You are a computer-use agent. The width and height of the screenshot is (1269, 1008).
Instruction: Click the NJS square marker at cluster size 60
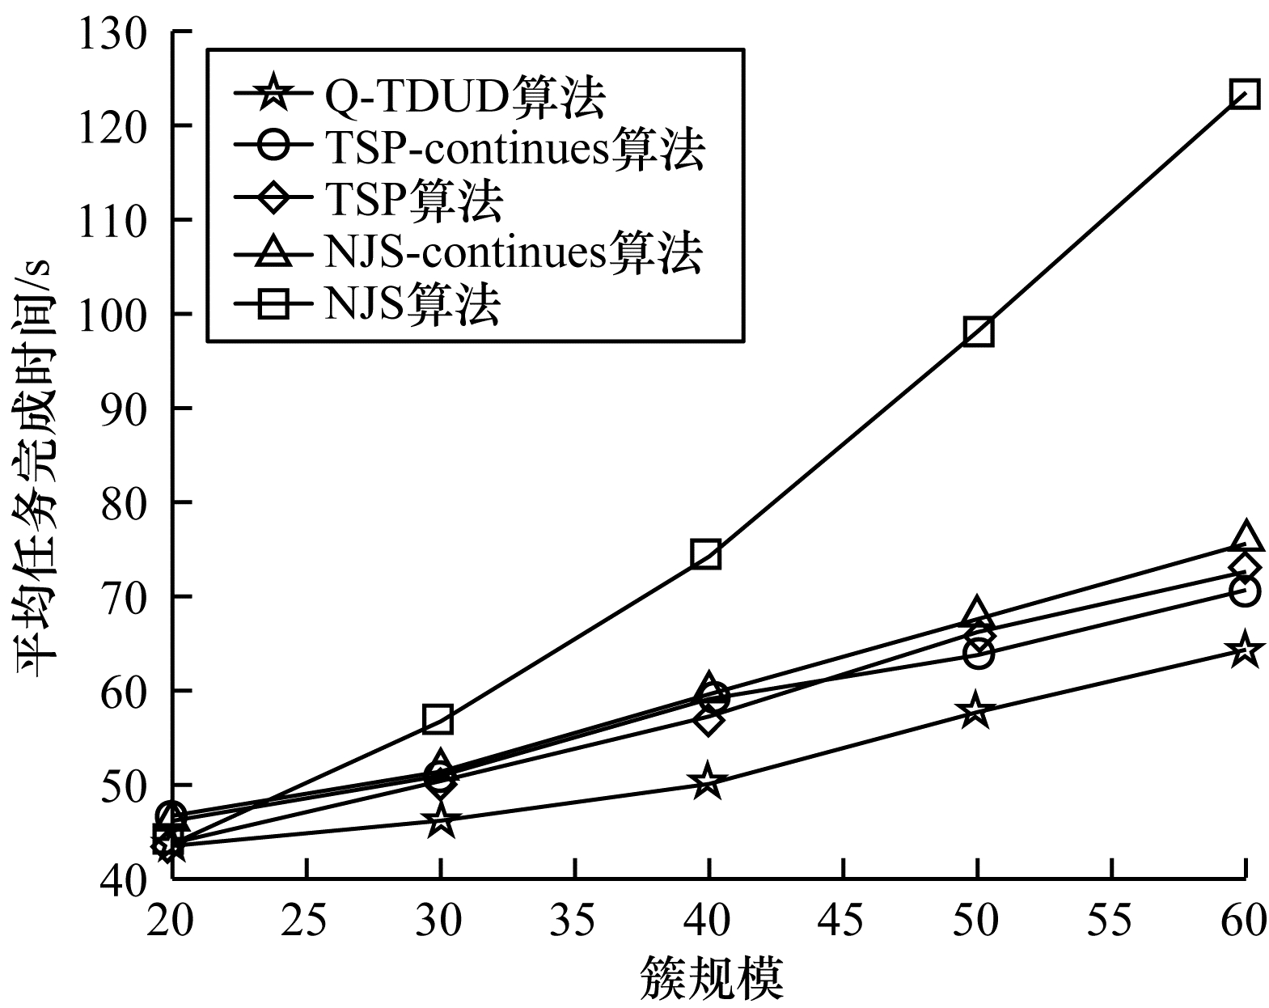point(1244,95)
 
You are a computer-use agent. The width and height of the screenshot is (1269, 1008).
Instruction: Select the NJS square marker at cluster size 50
point(978,332)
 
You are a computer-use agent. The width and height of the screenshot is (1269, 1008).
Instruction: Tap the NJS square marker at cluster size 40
point(705,555)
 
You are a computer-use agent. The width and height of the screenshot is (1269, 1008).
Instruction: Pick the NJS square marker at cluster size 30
point(438,718)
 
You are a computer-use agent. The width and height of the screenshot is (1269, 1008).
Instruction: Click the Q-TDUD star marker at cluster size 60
point(1244,650)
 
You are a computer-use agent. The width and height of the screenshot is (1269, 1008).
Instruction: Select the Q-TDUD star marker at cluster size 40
point(707,781)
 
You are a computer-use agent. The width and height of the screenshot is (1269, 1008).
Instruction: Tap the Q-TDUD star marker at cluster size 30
point(440,821)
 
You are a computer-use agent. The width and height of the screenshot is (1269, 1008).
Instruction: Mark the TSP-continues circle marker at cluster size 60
point(1244,591)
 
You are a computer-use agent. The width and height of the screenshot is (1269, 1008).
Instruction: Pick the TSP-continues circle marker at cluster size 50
point(978,653)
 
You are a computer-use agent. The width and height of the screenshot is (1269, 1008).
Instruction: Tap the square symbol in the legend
point(275,305)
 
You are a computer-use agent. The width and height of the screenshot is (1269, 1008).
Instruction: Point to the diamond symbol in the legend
point(275,200)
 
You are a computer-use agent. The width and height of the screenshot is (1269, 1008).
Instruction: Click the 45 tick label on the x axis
point(844,921)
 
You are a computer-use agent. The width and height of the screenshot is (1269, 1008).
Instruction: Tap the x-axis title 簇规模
point(712,978)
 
